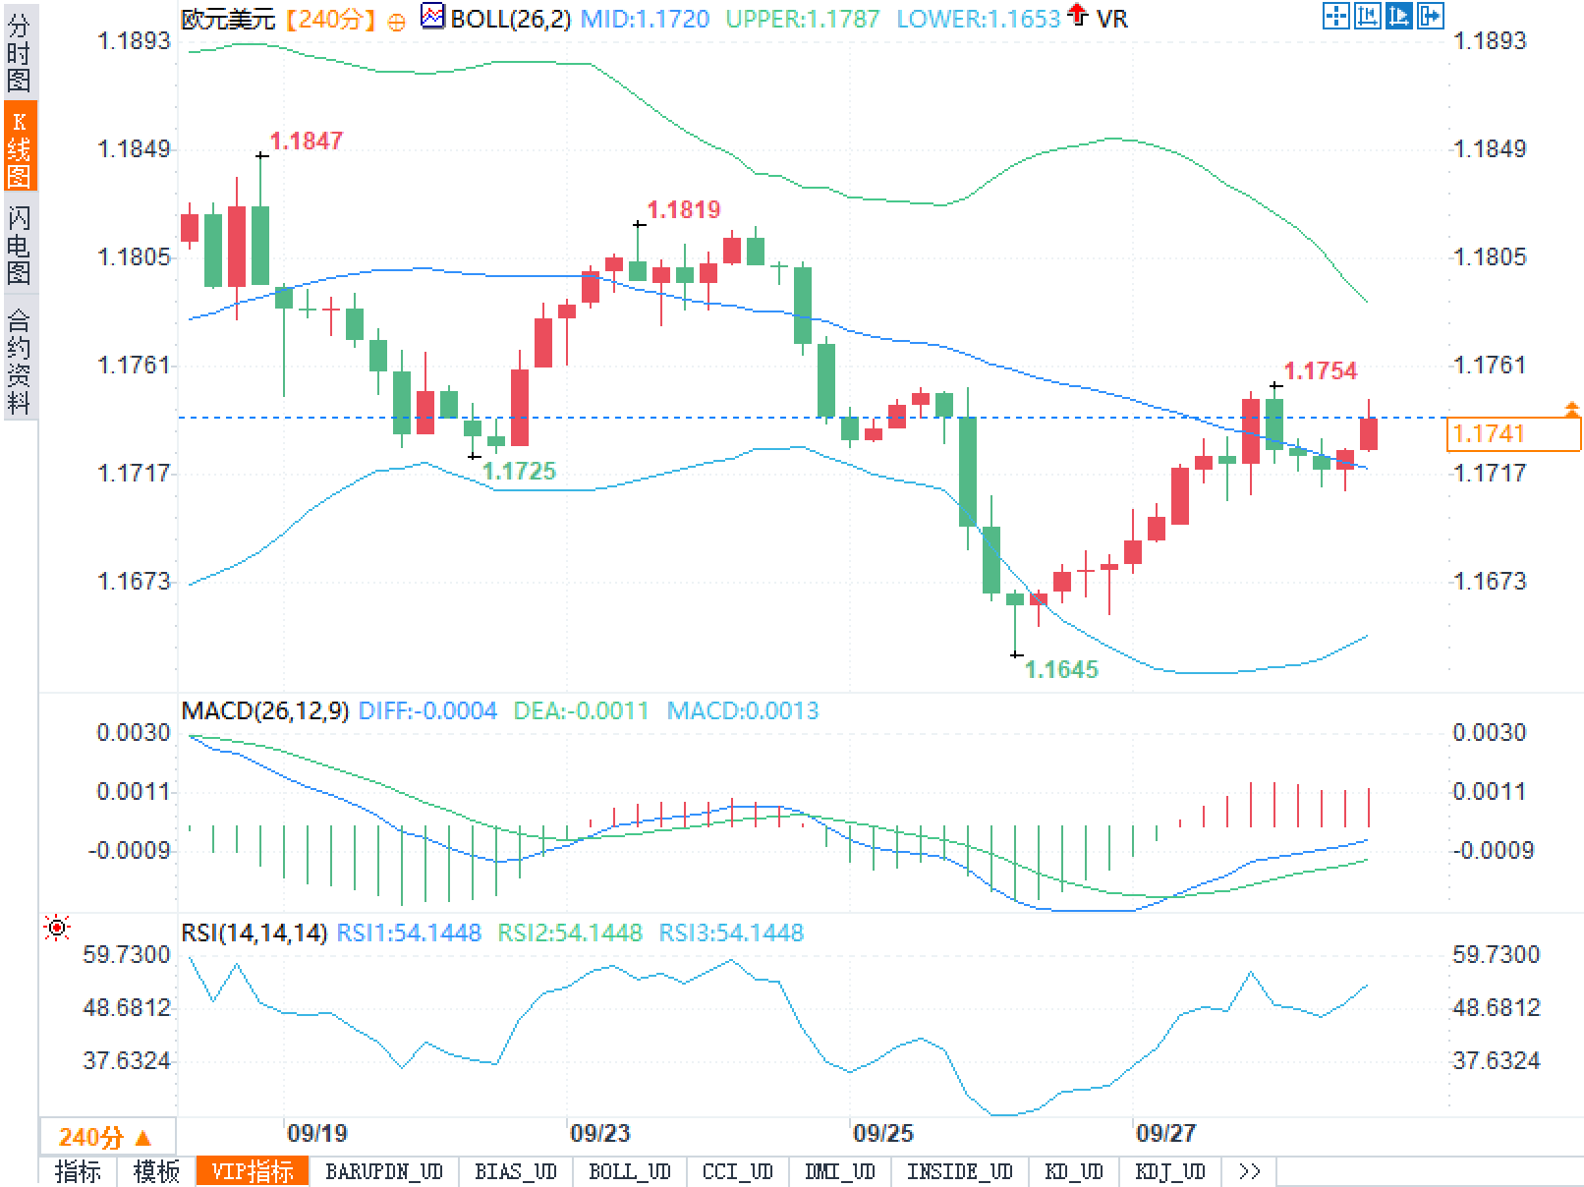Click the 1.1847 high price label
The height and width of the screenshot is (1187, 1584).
[307, 141]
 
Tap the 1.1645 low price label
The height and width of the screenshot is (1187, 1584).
[1061, 670]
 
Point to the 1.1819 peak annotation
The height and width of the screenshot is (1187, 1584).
[684, 209]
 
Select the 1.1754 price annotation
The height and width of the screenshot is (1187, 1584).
[1321, 371]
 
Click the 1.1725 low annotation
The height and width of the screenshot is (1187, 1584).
[520, 472]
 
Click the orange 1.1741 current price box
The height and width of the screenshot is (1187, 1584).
[1513, 433]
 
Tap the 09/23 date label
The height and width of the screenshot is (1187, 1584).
[599, 1134]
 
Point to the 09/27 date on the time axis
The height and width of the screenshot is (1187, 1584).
[1165, 1134]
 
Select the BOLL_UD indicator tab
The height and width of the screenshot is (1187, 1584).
[630, 1172]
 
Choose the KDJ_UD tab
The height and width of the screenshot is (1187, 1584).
[1169, 1172]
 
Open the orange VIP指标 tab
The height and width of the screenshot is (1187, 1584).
[253, 1172]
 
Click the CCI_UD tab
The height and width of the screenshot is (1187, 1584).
[738, 1172]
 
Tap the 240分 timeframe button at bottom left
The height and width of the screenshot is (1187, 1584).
[105, 1138]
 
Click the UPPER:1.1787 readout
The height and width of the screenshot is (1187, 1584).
[803, 18]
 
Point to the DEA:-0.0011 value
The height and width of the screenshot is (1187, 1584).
[582, 710]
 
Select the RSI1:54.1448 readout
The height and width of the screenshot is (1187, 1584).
[409, 933]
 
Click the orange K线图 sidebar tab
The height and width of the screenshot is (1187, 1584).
[20, 147]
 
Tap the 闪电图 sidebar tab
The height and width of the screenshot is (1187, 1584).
[20, 245]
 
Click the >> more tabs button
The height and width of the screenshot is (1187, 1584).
[1249, 1172]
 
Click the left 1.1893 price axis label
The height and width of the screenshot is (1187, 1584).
[134, 41]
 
